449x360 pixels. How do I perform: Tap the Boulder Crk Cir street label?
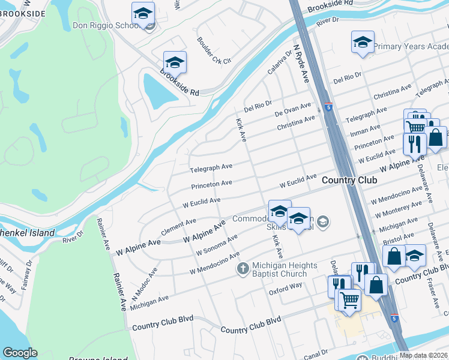coord(213,50)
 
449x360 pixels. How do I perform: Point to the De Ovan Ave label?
coord(293,110)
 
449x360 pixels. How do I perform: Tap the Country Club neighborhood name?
coord(349,180)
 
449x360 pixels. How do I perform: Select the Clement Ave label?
coord(178,227)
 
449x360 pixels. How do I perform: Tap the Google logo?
coord(19,353)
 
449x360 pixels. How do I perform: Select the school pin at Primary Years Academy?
coord(363,43)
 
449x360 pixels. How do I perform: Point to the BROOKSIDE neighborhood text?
coord(23,13)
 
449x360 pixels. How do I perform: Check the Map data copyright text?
coord(423,355)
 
